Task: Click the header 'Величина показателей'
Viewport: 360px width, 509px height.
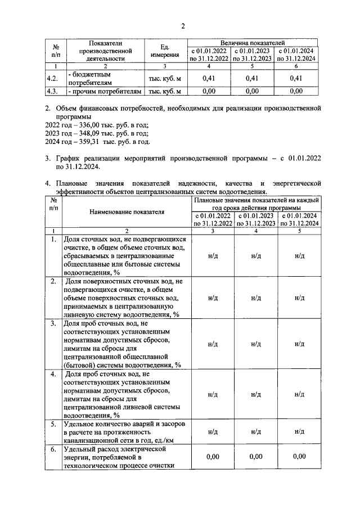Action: coord(253,42)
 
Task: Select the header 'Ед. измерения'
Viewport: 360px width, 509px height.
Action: coord(165,51)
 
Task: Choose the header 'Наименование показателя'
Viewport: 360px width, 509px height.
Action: coord(127,212)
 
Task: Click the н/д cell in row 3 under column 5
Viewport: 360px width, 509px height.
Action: coord(299,344)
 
